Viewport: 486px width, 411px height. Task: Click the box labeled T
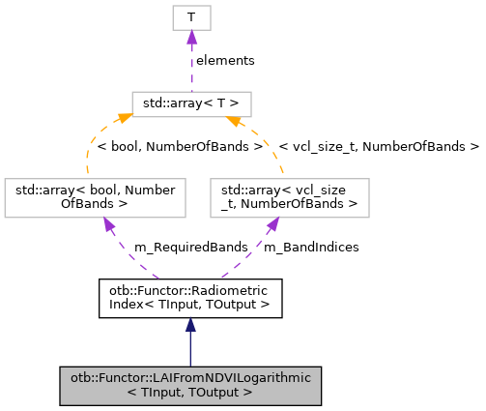[x=191, y=17]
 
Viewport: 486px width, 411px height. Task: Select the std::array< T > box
[x=191, y=103]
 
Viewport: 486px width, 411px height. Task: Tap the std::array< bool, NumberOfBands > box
[x=94, y=196]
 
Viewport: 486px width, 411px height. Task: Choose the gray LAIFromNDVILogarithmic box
[x=190, y=385]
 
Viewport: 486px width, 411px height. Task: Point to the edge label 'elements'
[x=225, y=60]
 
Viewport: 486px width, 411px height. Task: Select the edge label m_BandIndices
[x=311, y=247]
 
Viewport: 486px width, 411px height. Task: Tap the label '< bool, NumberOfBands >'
[x=180, y=147]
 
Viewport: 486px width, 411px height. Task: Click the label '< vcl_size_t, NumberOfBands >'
[x=379, y=147]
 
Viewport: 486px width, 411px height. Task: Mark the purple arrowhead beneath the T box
[x=191, y=37]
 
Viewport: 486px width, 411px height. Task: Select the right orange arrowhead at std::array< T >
[x=232, y=121]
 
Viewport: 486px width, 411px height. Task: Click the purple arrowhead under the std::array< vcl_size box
[x=274, y=224]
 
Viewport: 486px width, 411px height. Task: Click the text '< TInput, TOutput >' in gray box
[x=190, y=393]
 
